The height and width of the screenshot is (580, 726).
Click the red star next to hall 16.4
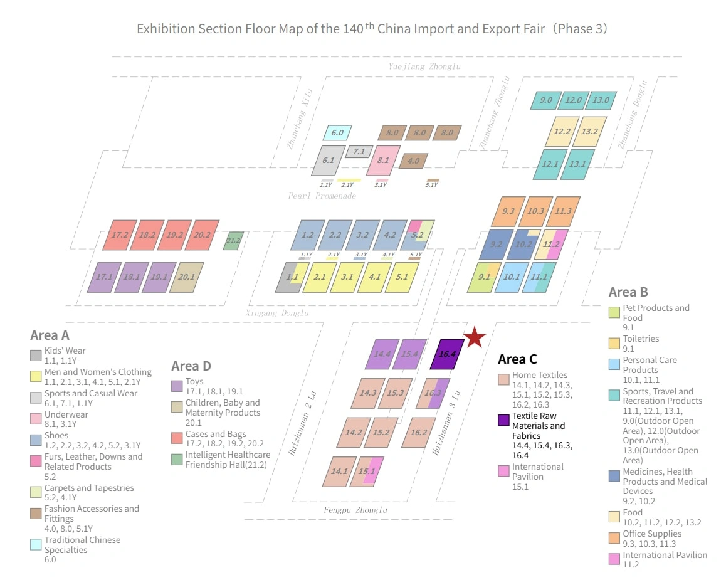pos(475,337)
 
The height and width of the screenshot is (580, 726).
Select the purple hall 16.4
pos(447,354)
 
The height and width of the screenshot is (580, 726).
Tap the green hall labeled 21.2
pos(233,241)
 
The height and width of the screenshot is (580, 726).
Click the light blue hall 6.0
pos(337,133)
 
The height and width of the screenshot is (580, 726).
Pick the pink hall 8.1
pos(383,161)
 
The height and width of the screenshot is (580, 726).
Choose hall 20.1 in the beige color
pos(187,277)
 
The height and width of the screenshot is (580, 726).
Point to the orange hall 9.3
pos(508,211)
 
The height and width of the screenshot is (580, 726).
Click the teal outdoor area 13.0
pos(601,100)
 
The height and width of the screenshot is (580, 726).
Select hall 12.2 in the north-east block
pos(562,132)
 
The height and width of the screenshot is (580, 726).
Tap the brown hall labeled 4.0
pos(413,161)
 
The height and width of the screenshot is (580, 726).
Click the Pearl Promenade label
pos(322,196)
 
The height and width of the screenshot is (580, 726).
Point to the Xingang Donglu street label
pos(277,313)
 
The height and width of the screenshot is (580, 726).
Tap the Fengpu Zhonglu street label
pos(355,510)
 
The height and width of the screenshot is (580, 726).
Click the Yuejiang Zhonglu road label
pos(424,66)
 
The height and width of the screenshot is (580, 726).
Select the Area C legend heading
pos(518,359)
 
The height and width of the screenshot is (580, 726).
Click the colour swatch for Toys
pos(177,386)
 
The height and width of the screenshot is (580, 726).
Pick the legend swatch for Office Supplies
pos(614,538)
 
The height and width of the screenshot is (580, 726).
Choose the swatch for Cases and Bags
pos(177,438)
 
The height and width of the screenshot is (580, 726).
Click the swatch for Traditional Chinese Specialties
pos(36,544)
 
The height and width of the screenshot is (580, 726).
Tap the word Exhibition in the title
pos(166,29)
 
